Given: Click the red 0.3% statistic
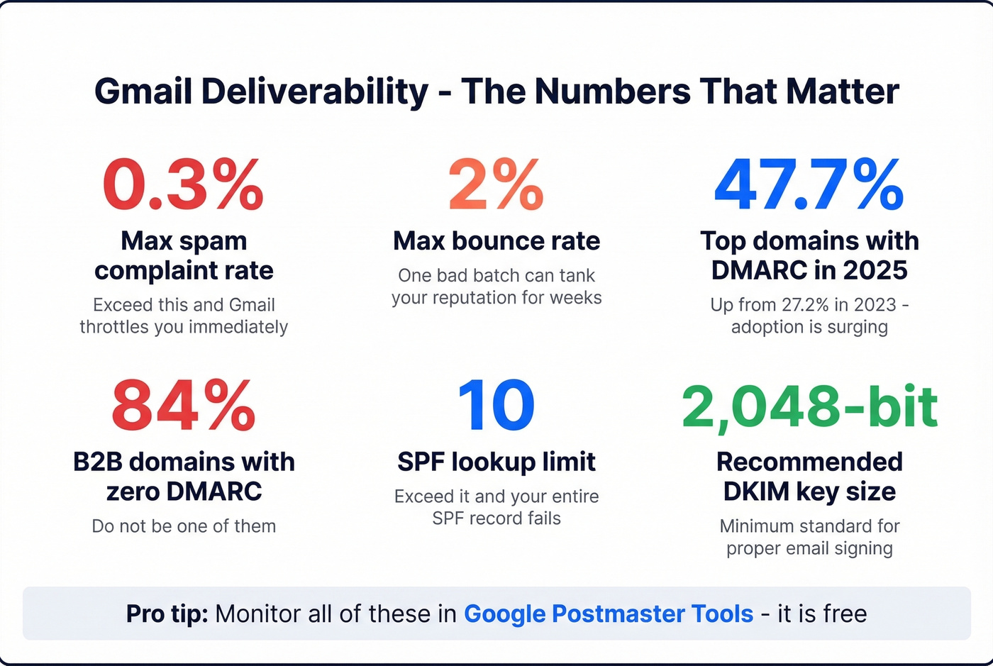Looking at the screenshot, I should point(183,185).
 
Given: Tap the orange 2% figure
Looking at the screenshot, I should point(496,185).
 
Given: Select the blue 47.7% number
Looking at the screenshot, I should point(809,185).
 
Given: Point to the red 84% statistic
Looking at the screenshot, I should point(183,406).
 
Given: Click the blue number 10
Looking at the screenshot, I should point(496,406).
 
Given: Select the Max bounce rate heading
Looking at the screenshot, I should point(496,241).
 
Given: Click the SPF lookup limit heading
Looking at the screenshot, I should point(496,462).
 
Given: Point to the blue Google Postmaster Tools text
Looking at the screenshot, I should point(609,614).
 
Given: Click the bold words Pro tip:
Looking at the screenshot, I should point(167,614).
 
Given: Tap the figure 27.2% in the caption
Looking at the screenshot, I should point(805,305).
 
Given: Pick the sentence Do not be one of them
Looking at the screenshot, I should point(184,526).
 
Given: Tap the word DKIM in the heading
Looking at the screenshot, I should point(756,492).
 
